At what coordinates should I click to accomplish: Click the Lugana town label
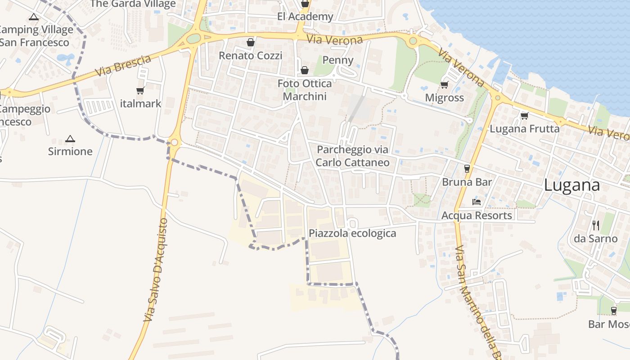(572, 185)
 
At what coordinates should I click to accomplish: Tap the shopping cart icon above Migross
(445, 85)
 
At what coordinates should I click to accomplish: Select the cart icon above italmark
(140, 90)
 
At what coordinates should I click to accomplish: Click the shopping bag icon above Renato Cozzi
(250, 42)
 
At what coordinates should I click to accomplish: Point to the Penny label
(338, 60)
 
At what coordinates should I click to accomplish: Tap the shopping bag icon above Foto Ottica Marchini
(305, 70)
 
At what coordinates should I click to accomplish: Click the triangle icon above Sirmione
(70, 139)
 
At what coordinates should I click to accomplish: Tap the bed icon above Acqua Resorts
(477, 202)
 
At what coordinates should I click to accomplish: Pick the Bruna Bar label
(467, 182)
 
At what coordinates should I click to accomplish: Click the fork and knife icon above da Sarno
(595, 225)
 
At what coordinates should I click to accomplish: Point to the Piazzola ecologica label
(352, 233)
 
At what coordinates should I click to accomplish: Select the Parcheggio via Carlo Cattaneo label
(352, 156)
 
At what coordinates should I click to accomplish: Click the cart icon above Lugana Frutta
(524, 116)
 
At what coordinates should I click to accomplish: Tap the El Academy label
(305, 17)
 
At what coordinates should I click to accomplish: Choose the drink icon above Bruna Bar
(467, 169)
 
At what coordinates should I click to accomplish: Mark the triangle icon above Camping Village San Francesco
(33, 17)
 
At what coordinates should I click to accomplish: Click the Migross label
(445, 98)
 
